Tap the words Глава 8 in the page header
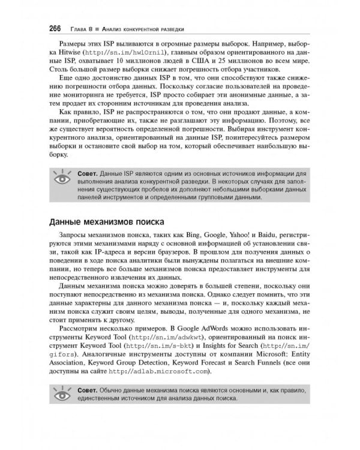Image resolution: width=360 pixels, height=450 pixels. coord(83,29)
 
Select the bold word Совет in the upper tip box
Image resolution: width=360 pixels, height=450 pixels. coord(87,173)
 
